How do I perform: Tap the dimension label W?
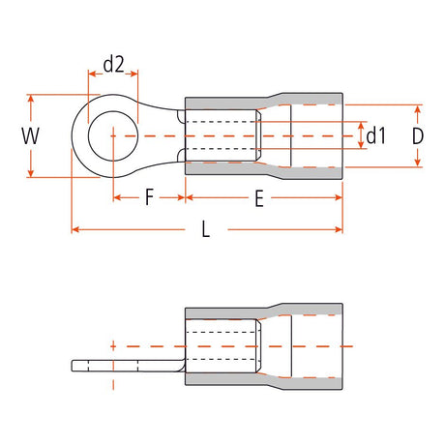31,135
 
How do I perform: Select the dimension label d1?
376,136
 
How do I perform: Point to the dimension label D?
417,136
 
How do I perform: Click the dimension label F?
149,199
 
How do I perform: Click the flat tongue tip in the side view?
77,366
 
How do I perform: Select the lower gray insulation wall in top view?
261,169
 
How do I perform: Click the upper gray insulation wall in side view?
261,310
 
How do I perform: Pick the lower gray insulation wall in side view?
261,379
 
